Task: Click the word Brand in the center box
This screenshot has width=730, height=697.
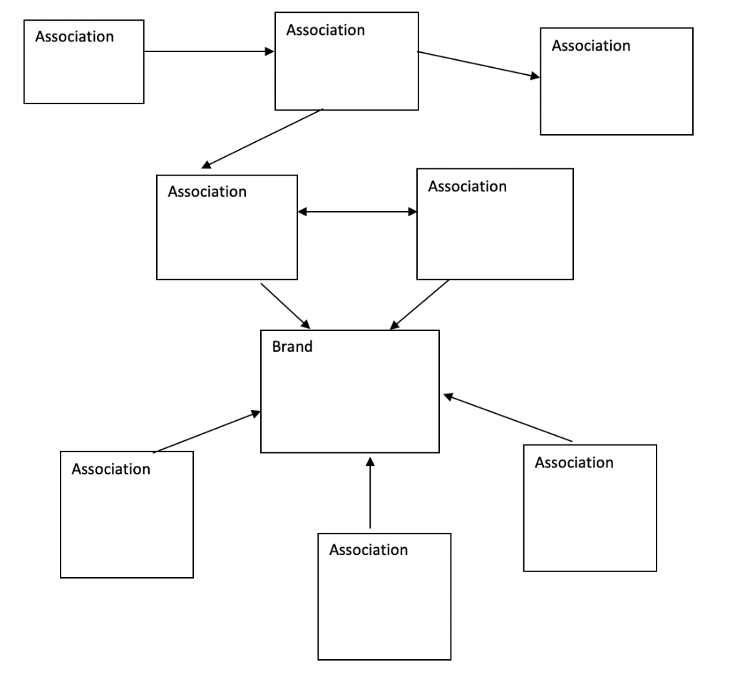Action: click(292, 347)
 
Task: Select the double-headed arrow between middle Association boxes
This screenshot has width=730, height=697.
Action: click(357, 212)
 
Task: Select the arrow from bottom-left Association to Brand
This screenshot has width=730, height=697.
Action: click(207, 432)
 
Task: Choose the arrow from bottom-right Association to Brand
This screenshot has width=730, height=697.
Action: click(508, 418)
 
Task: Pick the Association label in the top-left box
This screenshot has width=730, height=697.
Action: click(75, 36)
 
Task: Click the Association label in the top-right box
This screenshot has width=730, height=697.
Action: click(591, 46)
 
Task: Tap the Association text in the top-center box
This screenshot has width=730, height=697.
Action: click(325, 30)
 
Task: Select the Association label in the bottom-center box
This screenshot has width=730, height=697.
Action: click(369, 550)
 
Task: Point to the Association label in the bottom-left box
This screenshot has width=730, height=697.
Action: click(111, 469)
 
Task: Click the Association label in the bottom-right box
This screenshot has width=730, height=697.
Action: click(574, 462)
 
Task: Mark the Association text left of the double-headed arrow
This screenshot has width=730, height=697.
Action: click(207, 192)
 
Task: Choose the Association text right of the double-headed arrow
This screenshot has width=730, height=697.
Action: click(467, 186)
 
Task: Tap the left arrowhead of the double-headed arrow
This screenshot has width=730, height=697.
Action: click(302, 212)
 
